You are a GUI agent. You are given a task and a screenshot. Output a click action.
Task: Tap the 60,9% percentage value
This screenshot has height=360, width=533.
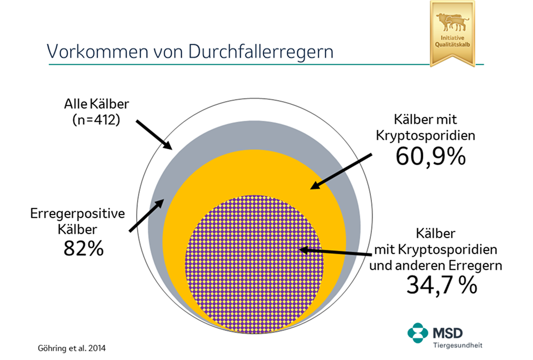coord(431,156)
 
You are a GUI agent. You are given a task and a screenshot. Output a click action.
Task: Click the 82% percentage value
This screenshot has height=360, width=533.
coord(83,248)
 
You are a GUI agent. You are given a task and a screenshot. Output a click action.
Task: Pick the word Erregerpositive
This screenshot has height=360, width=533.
coord(77,214)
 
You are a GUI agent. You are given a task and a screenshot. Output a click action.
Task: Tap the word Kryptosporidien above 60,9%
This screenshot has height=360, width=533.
coord(425,135)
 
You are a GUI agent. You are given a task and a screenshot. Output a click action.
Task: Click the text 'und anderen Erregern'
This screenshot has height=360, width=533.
coord(436,266)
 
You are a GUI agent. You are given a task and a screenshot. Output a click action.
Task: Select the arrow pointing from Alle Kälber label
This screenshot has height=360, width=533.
coord(154,135)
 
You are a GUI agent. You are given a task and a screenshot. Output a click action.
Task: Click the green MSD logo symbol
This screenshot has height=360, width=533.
coord(417,333)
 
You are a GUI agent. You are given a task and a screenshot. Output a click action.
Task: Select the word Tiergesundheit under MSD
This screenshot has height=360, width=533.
coord(457,345)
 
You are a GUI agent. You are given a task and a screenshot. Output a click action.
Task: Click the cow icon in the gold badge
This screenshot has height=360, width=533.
coord(452,22)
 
